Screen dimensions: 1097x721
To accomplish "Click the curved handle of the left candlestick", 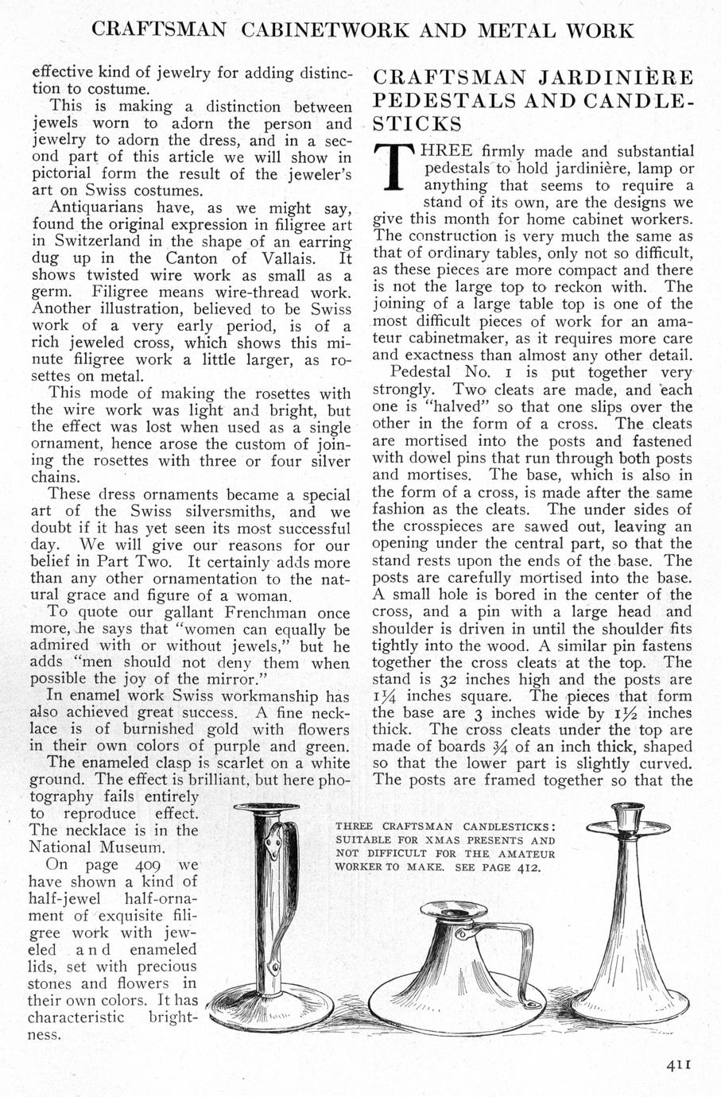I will click(x=287, y=874).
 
